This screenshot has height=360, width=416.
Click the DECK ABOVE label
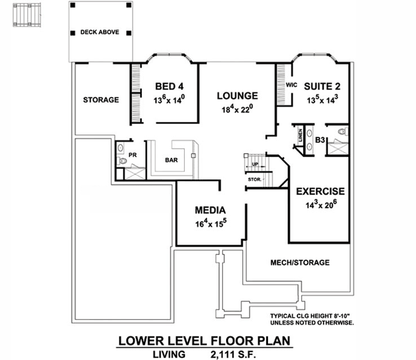pos(100,32)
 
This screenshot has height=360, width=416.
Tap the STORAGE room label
pos(100,100)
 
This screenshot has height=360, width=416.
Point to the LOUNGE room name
pos(237,96)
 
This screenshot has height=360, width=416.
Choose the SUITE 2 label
pos(322,87)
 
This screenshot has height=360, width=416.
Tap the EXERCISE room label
pos(320,191)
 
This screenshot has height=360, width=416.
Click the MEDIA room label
pos(211,210)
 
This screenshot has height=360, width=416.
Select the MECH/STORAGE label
pos(300,263)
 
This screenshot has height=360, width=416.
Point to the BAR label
pos(171,160)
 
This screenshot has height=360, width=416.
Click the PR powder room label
pos(132,155)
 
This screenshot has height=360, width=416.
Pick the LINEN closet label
pos(300,136)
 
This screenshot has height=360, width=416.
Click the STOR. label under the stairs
pos(255,180)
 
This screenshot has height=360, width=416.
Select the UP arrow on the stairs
pos(255,165)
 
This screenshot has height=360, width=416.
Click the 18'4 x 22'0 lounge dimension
pos(237,109)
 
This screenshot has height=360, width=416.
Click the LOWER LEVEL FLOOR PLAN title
pos(204,340)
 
